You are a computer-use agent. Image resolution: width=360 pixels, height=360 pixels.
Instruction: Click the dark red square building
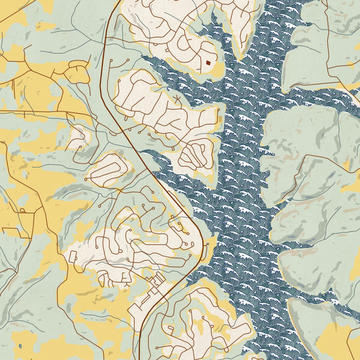(x=208, y=61)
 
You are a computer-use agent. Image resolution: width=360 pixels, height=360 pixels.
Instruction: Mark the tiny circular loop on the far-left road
(x=22, y=211)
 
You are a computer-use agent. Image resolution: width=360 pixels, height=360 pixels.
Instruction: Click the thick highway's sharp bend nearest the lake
(x=199, y=235)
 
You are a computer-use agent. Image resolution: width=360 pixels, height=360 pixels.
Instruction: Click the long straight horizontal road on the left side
(x=42, y=112)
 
